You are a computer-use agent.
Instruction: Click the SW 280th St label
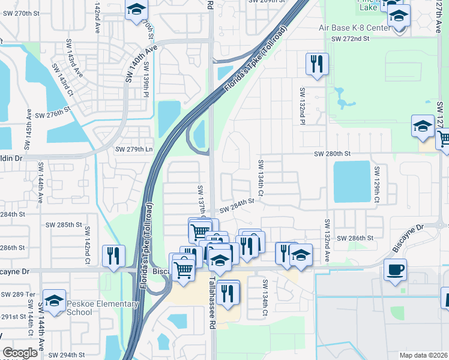333,154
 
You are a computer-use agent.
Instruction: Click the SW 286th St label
355,238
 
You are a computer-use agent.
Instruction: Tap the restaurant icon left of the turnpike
113,256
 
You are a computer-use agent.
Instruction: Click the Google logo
20,353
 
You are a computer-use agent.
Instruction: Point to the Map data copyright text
423,355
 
